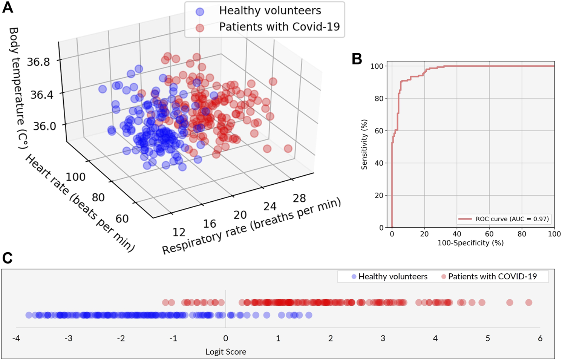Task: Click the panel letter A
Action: tap(8, 8)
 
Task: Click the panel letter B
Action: tap(357, 59)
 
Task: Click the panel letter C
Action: tap(8, 258)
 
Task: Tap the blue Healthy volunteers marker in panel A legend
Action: tap(200, 11)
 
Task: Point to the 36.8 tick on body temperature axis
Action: tap(38, 62)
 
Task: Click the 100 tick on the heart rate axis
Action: tap(75, 177)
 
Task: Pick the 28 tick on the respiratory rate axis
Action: tap(299, 198)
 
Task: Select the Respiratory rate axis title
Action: tap(251, 226)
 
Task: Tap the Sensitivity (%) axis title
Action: tap(364, 145)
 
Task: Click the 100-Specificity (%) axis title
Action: tap(470, 243)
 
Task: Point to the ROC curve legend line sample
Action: tap(465, 219)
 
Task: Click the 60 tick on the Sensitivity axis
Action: tap(379, 131)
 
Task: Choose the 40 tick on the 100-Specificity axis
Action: tap(457, 234)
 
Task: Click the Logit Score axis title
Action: tap(226, 352)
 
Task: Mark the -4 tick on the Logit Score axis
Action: tap(16, 339)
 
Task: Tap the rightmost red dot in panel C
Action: tap(528, 302)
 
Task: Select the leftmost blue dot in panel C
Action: tap(29, 315)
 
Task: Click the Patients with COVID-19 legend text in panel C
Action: tap(492, 277)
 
